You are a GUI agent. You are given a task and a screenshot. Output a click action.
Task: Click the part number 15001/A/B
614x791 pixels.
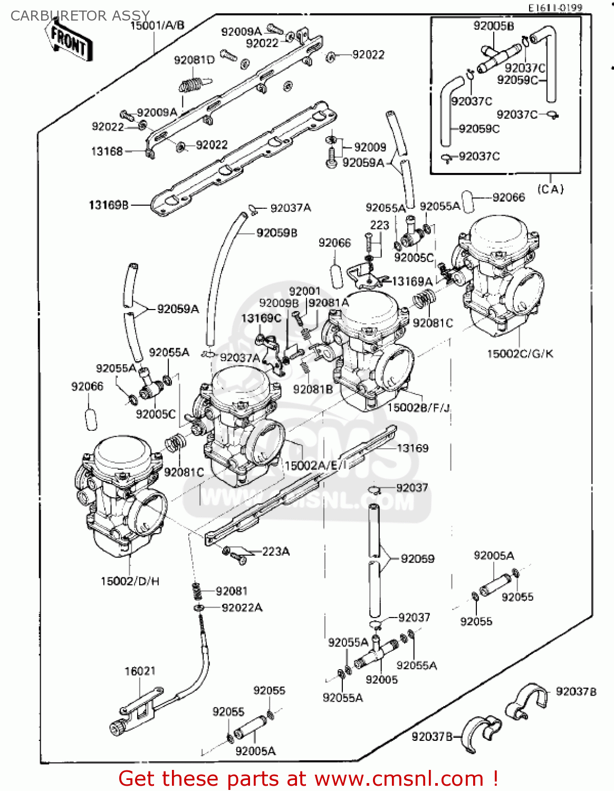click(157, 25)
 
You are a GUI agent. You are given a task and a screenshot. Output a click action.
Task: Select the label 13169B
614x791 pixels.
click(109, 205)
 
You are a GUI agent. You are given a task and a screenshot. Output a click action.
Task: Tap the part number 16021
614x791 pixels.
click(140, 671)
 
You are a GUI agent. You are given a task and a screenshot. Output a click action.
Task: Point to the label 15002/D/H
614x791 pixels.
click(130, 581)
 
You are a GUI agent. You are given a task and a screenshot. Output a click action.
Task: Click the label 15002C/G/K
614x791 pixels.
click(520, 353)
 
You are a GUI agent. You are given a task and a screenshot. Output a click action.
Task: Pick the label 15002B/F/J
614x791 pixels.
click(419, 407)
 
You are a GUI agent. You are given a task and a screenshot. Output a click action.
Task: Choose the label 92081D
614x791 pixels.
click(194, 60)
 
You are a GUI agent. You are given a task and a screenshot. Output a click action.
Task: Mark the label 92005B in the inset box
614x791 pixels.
click(494, 26)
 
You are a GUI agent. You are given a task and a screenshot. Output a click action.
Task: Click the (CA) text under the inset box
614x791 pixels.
click(550, 189)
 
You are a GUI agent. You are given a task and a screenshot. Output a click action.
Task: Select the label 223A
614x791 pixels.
click(275, 551)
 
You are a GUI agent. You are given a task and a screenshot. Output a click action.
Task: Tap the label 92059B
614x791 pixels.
click(277, 233)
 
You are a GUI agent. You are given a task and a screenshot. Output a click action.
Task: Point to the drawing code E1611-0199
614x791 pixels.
click(556, 7)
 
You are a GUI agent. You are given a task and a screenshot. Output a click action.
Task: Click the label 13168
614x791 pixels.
click(107, 151)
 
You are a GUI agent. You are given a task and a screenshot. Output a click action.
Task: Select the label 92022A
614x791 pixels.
click(242, 607)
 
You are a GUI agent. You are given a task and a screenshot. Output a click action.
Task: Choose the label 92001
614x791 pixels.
click(304, 291)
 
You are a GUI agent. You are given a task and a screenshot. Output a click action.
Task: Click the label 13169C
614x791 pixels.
click(261, 318)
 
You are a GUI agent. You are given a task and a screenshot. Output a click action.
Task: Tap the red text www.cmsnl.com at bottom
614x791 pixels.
click(399, 778)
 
